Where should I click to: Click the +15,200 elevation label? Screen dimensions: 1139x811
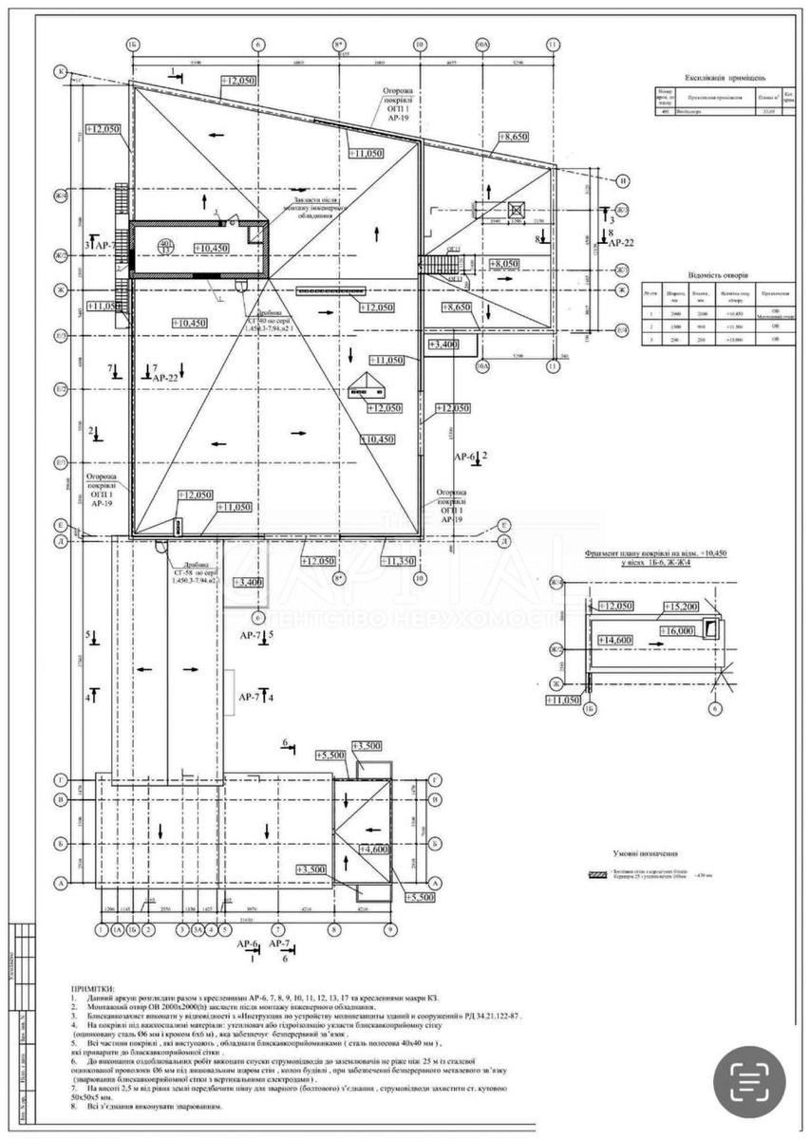click(681, 607)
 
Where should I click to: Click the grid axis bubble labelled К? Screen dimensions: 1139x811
click(61, 71)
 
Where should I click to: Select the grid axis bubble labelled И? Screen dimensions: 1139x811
click(624, 181)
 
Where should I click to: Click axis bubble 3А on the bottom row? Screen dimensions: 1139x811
click(198, 930)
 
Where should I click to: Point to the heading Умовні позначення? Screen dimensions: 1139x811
click(650, 853)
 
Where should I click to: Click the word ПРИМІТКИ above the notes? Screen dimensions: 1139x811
click(91, 988)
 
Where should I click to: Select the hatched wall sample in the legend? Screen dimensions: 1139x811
click(598, 872)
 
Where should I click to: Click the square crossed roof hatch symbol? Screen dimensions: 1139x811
click(518, 211)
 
